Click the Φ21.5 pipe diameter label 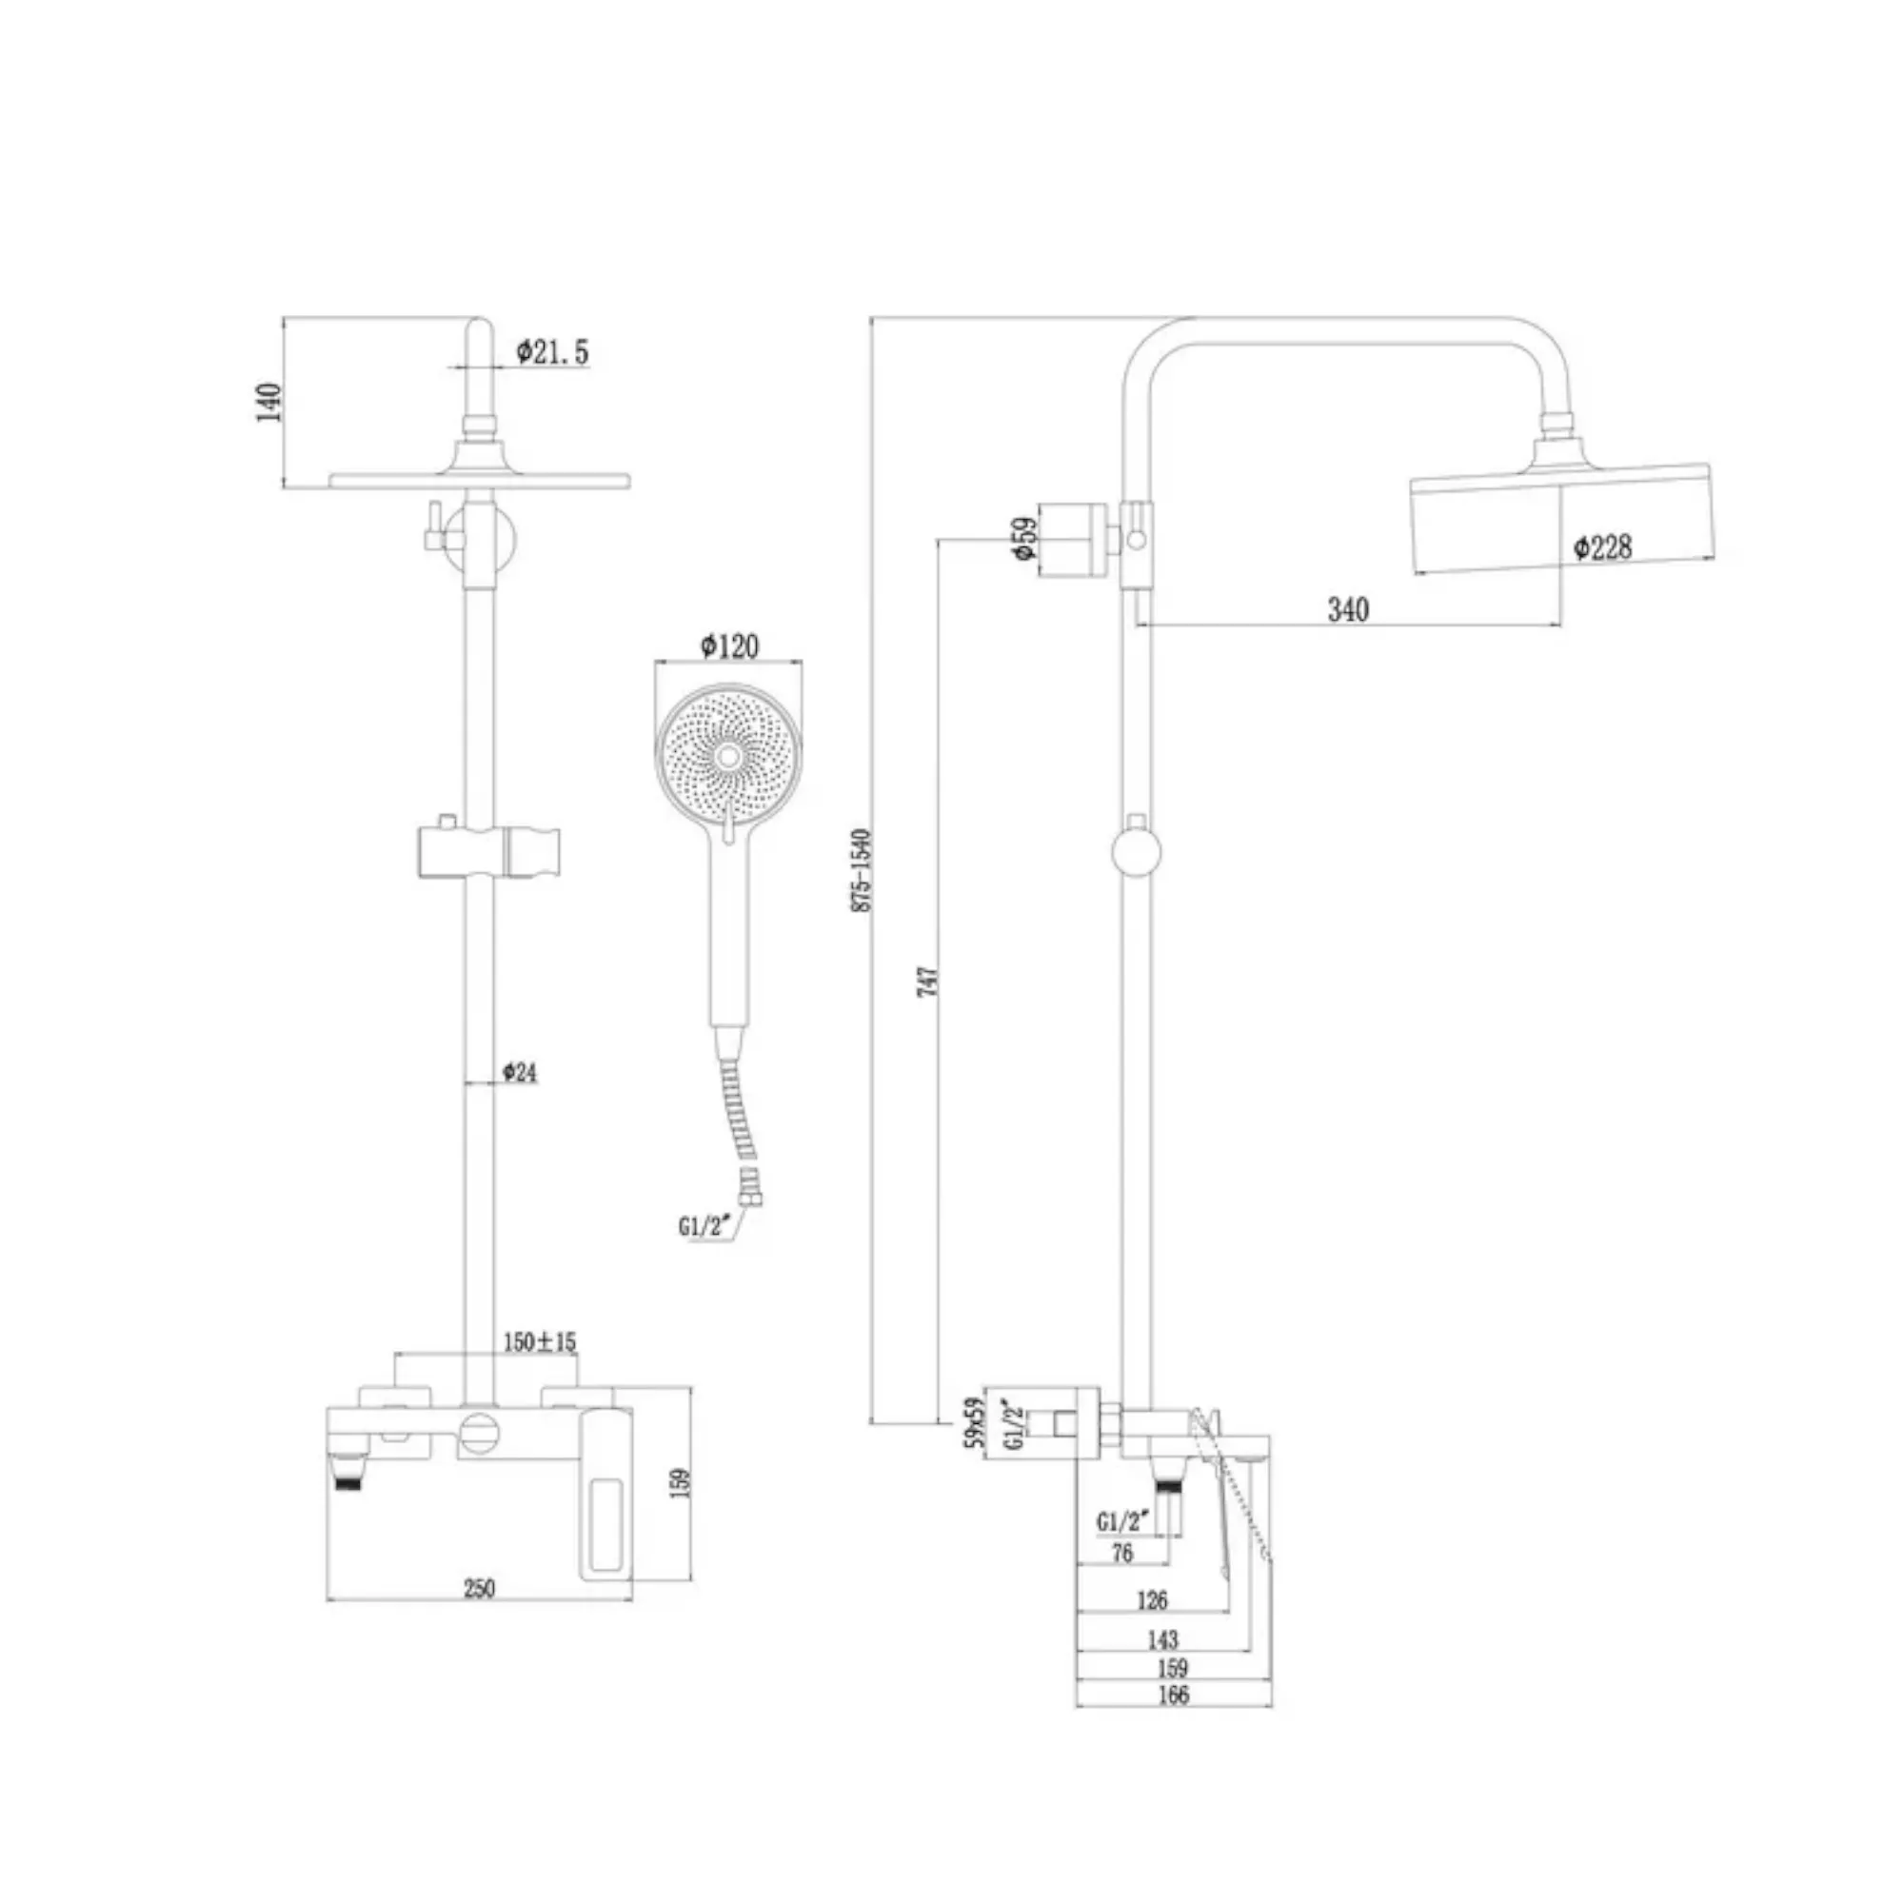click(x=553, y=351)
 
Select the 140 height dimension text click(x=268, y=402)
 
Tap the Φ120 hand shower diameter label click(x=730, y=645)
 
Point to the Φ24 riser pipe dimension click(x=520, y=1072)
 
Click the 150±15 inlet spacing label click(x=540, y=1341)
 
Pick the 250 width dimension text click(x=479, y=1589)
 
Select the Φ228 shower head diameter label click(x=1602, y=547)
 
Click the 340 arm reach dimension click(x=1348, y=610)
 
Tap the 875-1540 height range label click(x=862, y=870)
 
